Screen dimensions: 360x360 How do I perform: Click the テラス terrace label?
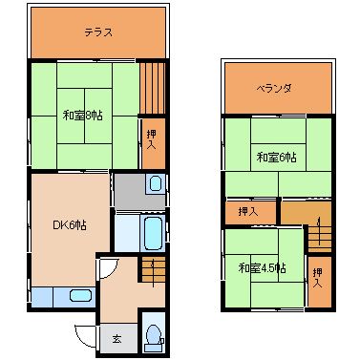point(98,32)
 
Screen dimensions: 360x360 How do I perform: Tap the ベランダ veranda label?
point(274,88)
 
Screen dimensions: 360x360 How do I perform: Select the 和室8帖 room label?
point(83,116)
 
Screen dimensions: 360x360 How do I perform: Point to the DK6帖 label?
point(70,225)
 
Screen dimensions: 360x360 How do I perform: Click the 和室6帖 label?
point(277,158)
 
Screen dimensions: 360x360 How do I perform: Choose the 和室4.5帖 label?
point(262,268)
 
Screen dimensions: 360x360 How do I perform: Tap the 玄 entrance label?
point(116,339)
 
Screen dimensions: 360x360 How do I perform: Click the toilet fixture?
point(154,338)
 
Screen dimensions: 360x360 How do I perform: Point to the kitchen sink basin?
point(81,296)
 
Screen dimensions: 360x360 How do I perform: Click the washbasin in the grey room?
point(155,184)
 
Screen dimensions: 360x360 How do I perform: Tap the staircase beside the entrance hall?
point(154,269)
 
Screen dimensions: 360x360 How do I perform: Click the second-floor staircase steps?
point(320,238)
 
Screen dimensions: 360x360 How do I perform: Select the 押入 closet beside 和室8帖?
point(153,143)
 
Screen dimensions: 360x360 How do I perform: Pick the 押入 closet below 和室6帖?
point(250,212)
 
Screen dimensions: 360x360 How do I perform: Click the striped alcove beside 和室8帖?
point(153,88)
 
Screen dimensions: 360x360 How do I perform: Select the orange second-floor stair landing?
point(306,213)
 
